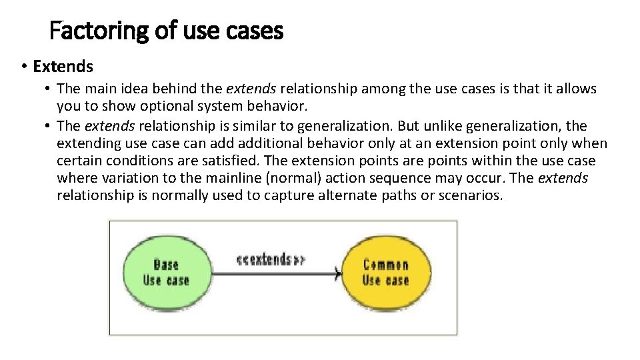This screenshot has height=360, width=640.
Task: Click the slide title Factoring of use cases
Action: pos(167,31)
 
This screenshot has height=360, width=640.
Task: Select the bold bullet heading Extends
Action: pos(63,67)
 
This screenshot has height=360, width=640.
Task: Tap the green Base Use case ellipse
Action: pos(167,273)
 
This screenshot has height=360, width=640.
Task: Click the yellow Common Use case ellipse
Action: pos(385,273)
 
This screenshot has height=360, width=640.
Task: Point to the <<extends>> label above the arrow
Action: pos(270,259)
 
